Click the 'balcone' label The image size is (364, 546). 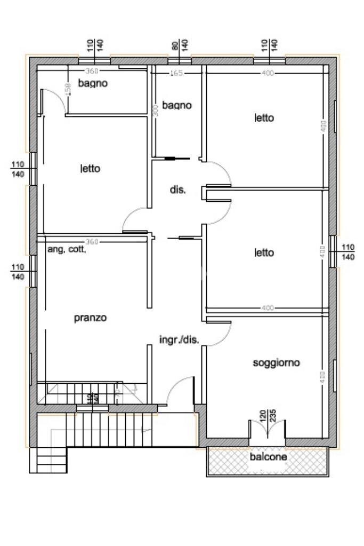pos(269,457)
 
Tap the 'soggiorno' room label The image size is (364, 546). pos(276,363)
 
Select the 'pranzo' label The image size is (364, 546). pos(90,318)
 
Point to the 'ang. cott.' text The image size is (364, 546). pos(67,249)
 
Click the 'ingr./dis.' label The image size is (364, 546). pos(179,339)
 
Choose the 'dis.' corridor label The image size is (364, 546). pos(177,189)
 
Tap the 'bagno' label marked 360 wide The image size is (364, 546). pos(93,83)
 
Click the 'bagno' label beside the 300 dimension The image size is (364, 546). pos(177,105)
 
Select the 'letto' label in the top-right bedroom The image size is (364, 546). pos(264,118)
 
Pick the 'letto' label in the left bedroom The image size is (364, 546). pos(90,169)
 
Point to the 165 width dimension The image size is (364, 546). pos(176,73)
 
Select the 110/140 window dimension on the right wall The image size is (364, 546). pos(348,252)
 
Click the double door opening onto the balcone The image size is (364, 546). pos(268,430)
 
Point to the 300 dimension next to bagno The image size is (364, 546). pos(156,110)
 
